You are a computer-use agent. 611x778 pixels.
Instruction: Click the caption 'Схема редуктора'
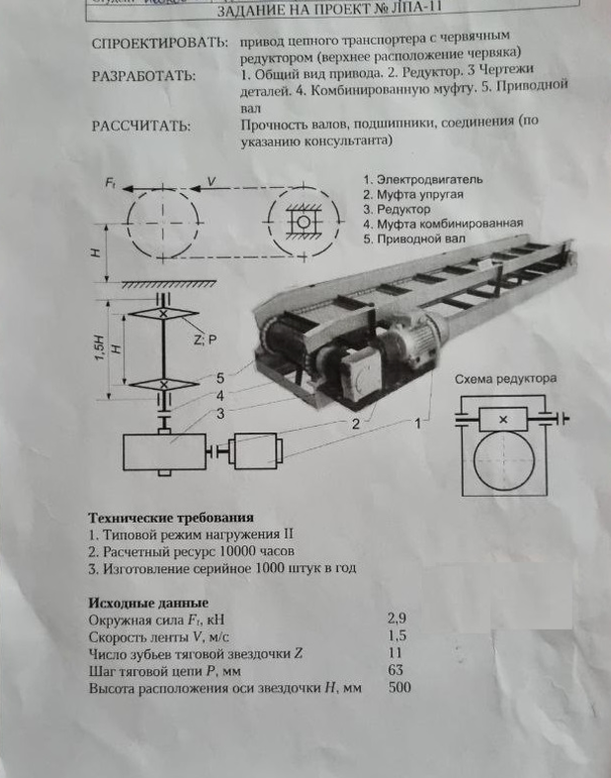[x=505, y=379]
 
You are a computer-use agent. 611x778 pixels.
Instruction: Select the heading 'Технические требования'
[x=171, y=517]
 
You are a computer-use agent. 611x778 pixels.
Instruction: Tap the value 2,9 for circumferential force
[x=396, y=618]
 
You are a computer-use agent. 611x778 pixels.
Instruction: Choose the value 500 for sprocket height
[x=399, y=686]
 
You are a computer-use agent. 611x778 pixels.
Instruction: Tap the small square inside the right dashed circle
[x=300, y=222]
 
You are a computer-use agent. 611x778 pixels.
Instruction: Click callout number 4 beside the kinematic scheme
[x=221, y=396]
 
